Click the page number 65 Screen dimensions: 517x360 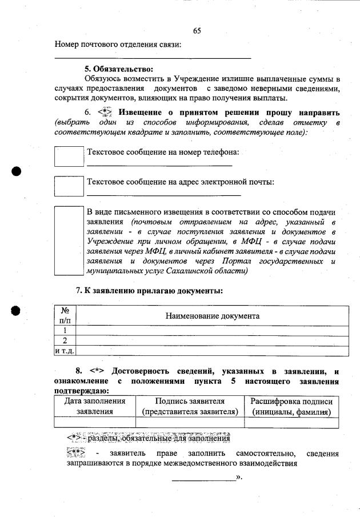[x=197, y=30]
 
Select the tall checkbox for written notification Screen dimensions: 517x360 [x=69, y=241]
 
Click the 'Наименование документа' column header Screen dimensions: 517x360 [x=212, y=316]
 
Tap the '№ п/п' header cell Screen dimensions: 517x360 [x=65, y=316]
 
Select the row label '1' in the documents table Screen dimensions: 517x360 [x=65, y=330]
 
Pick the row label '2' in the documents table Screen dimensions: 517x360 [x=65, y=340]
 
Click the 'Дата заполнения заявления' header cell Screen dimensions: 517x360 [x=94, y=406]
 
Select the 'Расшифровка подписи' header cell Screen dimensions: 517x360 [x=291, y=406]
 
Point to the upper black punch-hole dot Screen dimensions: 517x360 [x=16, y=171]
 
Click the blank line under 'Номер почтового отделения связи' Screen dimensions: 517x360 [x=153, y=58]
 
